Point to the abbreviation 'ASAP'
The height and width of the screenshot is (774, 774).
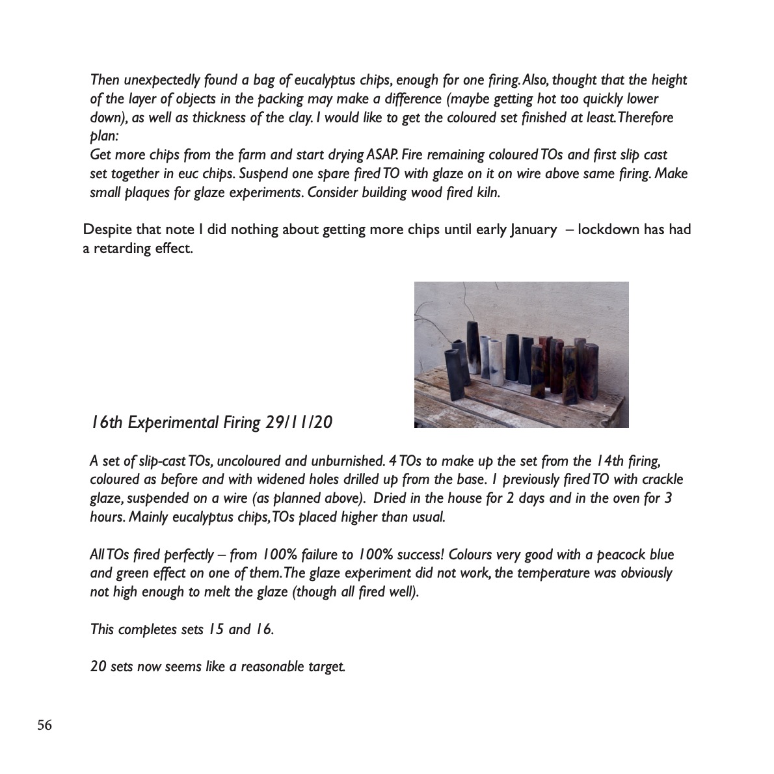point(380,155)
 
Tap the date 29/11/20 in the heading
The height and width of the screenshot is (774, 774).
point(300,423)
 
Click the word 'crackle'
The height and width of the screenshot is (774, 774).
point(661,480)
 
